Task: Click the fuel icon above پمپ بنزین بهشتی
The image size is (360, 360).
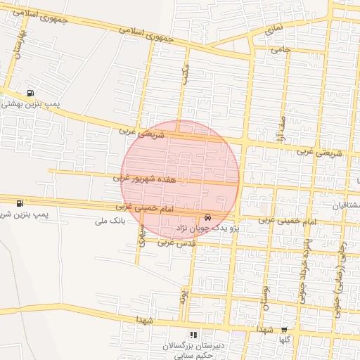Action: point(30,93)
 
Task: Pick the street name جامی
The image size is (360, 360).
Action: point(281,49)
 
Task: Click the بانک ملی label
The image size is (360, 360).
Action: point(108,221)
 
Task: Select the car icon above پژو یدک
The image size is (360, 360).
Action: point(207,217)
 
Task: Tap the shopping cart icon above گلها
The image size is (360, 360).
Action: point(284,329)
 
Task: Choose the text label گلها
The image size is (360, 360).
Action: point(284,339)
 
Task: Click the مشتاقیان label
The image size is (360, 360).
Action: point(345,205)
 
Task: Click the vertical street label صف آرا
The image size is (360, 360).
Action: point(282,127)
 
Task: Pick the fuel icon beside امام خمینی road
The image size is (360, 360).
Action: point(18,203)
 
